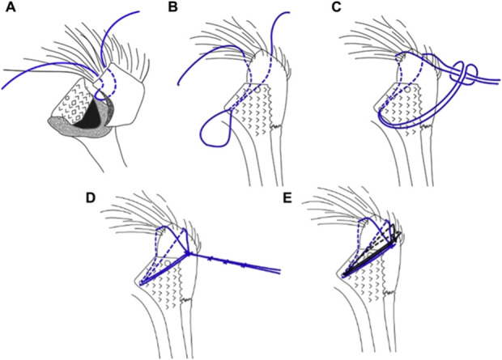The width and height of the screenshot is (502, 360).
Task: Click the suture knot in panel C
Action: point(466,71)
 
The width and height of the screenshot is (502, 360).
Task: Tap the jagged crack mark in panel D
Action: point(195,299)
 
